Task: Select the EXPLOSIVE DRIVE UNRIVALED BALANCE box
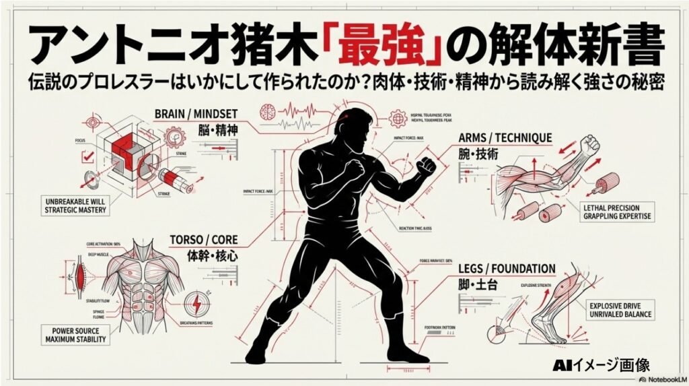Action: (x=619, y=309)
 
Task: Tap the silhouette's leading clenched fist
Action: (x=427, y=166)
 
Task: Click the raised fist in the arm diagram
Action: (x=591, y=144)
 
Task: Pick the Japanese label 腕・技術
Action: (x=479, y=154)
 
